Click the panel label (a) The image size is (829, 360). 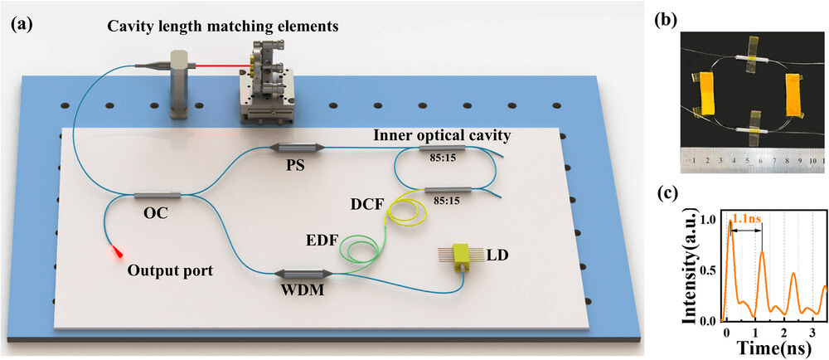(x=22, y=24)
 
